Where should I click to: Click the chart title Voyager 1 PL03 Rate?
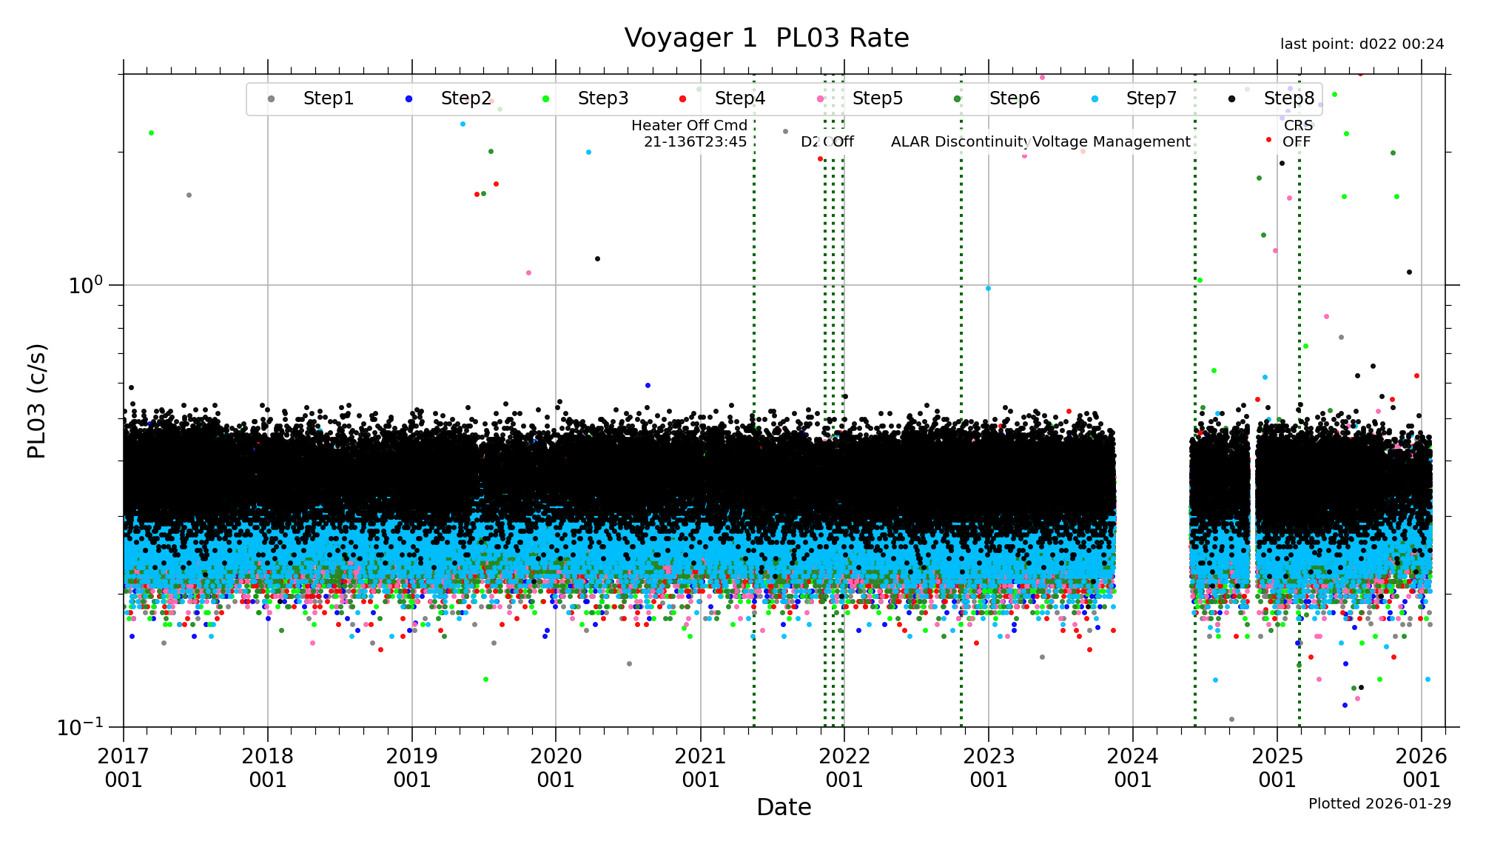pyautogui.click(x=766, y=38)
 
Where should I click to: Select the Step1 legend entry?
pyautogui.click(x=328, y=98)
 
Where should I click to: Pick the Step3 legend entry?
pyautogui.click(x=602, y=98)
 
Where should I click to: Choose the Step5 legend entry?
pyautogui.click(x=877, y=98)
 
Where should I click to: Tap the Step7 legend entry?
pyautogui.click(x=1151, y=98)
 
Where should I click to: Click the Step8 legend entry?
pyautogui.click(x=1288, y=98)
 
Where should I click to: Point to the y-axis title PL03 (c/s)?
pyautogui.click(x=36, y=401)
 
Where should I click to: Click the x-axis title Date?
pyautogui.click(x=784, y=807)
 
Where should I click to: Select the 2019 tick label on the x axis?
pyautogui.click(x=411, y=768)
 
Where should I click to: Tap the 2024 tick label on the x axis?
pyautogui.click(x=1132, y=768)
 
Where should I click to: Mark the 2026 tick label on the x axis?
pyautogui.click(x=1421, y=768)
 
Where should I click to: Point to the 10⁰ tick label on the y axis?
pyautogui.click(x=86, y=285)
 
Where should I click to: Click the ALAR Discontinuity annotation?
pyautogui.click(x=960, y=141)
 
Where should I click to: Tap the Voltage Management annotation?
pyautogui.click(x=1112, y=141)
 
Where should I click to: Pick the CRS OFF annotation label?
pyautogui.click(x=1297, y=133)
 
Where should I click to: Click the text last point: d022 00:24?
pyautogui.click(x=1362, y=44)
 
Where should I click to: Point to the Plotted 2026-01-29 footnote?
pyautogui.click(x=1379, y=803)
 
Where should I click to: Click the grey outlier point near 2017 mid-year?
pyautogui.click(x=189, y=195)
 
